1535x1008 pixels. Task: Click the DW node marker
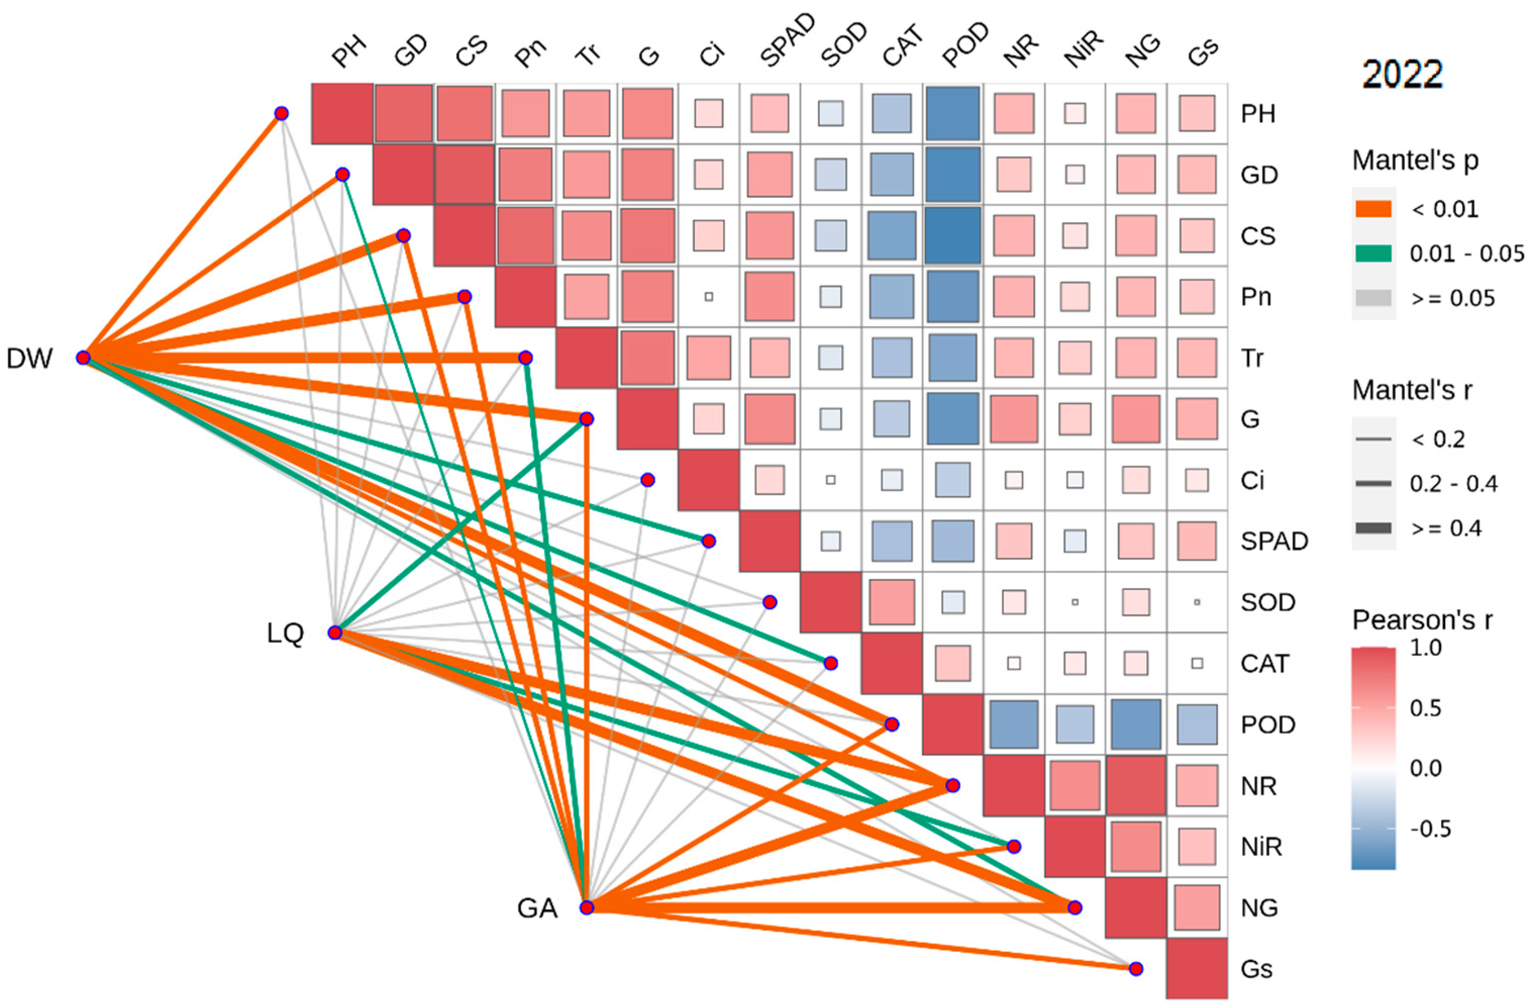83,358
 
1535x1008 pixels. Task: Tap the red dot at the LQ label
335,632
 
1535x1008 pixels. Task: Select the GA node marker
586,908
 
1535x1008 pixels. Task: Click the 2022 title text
1402,74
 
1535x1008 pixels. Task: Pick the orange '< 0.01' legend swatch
1373,209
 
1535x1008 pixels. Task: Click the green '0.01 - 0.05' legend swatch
1373,253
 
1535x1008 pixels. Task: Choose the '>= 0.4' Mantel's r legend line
1373,528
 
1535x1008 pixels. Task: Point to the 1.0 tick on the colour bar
1425,648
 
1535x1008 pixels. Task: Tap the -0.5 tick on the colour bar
1430,829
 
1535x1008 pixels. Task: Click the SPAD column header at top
786,42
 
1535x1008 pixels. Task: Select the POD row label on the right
1267,725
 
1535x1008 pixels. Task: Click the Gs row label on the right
1256,969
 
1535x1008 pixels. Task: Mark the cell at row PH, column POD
953,114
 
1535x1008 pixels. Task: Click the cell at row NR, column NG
1136,785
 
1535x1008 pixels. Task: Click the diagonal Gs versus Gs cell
1196,969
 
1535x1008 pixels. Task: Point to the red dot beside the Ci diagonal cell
647,480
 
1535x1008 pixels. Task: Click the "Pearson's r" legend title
1421,620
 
